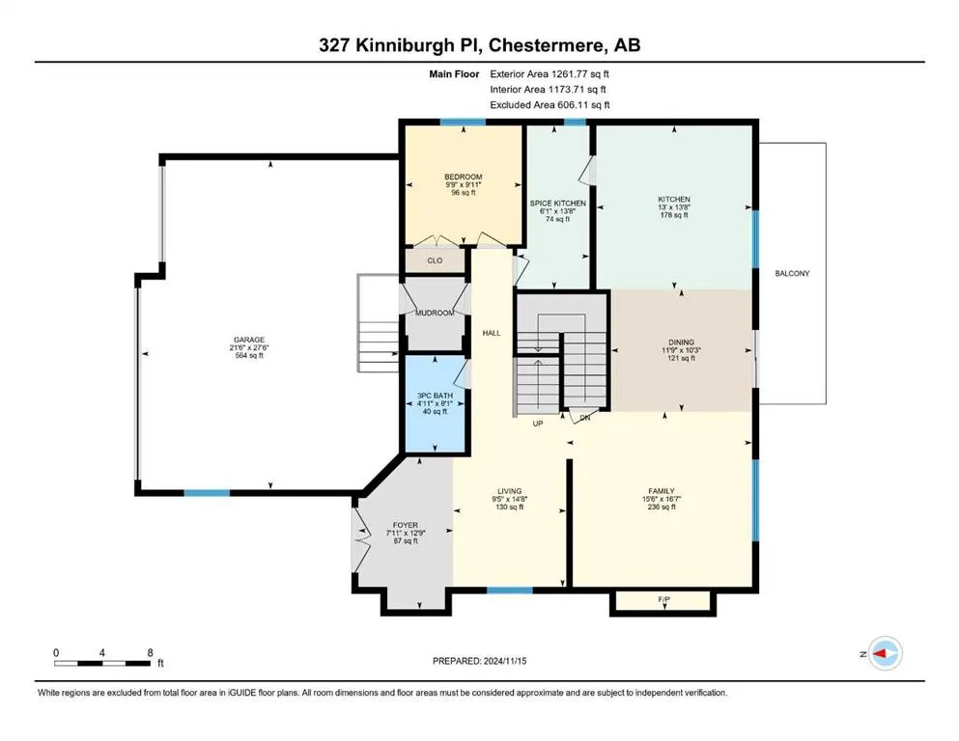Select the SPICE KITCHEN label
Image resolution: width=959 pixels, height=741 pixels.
558,204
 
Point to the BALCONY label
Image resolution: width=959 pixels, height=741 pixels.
792,274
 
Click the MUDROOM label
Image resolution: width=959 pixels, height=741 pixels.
435,313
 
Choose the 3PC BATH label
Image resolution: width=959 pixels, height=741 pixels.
434,395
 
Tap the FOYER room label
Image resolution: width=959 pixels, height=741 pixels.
406,525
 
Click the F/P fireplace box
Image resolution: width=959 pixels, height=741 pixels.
664,601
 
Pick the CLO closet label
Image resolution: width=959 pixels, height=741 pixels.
435,261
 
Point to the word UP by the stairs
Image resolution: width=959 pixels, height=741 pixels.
540,423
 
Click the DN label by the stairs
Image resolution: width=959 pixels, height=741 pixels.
584,418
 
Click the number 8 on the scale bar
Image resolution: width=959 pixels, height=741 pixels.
150,652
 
